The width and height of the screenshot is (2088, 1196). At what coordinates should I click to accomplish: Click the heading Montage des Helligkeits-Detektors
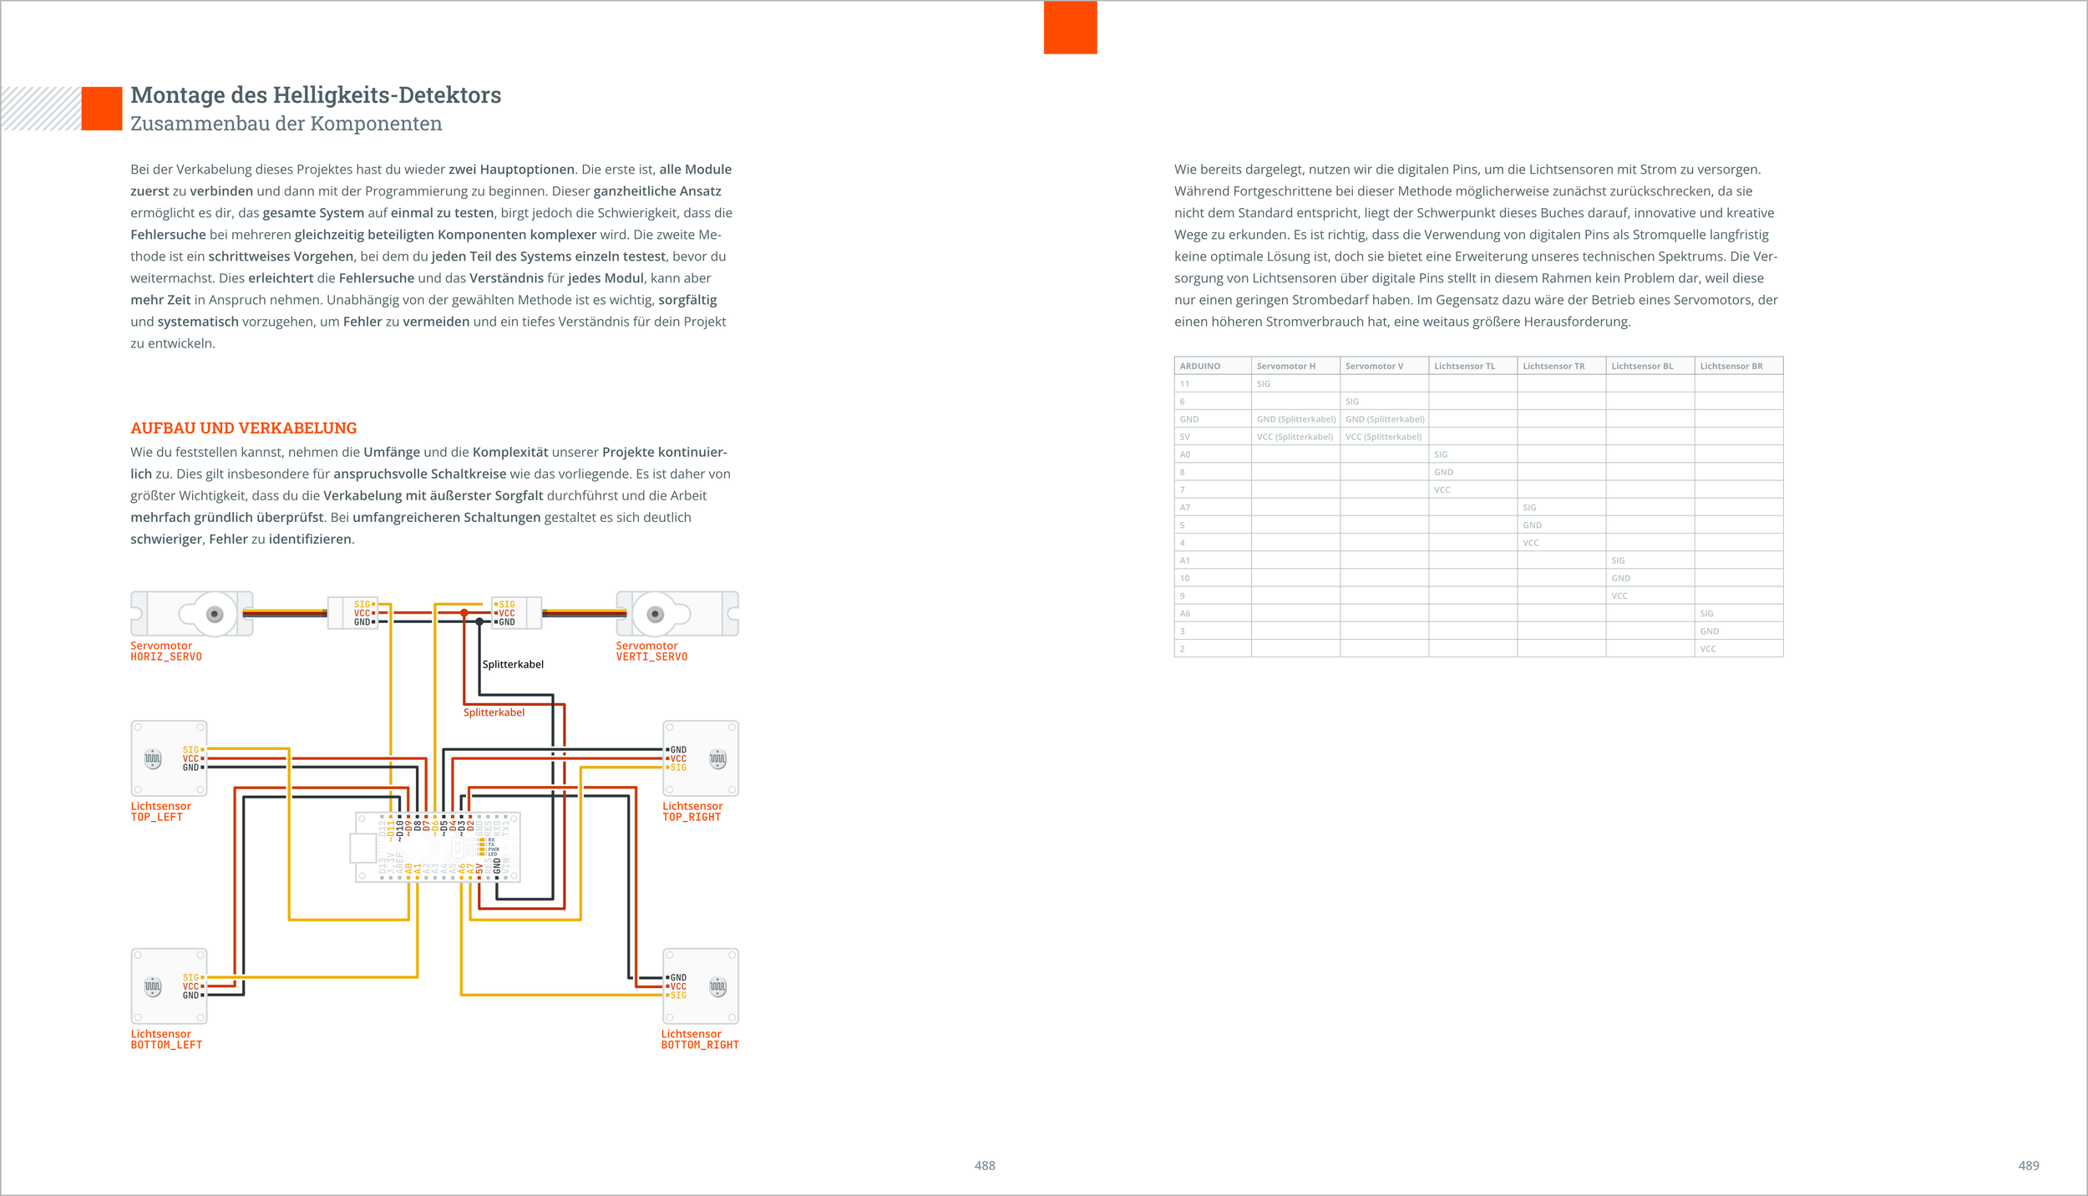(x=316, y=95)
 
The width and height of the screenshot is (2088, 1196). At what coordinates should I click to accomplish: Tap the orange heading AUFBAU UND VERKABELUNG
(x=243, y=428)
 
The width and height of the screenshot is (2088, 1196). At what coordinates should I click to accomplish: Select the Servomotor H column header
(x=1285, y=366)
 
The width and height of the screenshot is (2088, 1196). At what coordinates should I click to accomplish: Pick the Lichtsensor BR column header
(x=1731, y=366)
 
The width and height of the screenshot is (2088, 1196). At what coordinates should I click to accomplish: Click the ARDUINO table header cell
(x=1199, y=366)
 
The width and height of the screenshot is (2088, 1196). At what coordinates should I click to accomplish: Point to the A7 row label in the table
(x=1184, y=508)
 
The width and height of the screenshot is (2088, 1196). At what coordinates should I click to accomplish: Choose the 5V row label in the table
(x=1184, y=437)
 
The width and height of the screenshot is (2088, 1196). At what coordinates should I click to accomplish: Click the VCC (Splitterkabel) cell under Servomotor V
(x=1383, y=437)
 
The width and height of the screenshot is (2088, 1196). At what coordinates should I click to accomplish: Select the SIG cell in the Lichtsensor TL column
(x=1441, y=454)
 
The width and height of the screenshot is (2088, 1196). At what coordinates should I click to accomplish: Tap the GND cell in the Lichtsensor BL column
(x=1620, y=578)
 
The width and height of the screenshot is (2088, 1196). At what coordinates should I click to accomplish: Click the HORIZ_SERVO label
(x=166, y=657)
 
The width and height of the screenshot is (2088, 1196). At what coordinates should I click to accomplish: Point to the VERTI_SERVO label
(x=651, y=657)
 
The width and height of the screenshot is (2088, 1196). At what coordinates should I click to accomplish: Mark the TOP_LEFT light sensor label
(x=156, y=818)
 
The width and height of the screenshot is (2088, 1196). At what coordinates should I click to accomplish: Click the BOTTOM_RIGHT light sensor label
(x=700, y=1045)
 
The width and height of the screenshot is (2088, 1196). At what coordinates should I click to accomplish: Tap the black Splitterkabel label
(x=513, y=665)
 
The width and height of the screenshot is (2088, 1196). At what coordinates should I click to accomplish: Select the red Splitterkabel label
(x=494, y=712)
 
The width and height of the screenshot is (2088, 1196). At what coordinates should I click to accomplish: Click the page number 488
(x=985, y=1166)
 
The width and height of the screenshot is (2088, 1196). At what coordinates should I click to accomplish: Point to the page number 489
(x=2029, y=1166)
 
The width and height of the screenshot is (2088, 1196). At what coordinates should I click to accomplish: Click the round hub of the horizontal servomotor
(x=215, y=615)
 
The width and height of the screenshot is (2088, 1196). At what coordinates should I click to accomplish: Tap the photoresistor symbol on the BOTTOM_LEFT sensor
(x=152, y=986)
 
